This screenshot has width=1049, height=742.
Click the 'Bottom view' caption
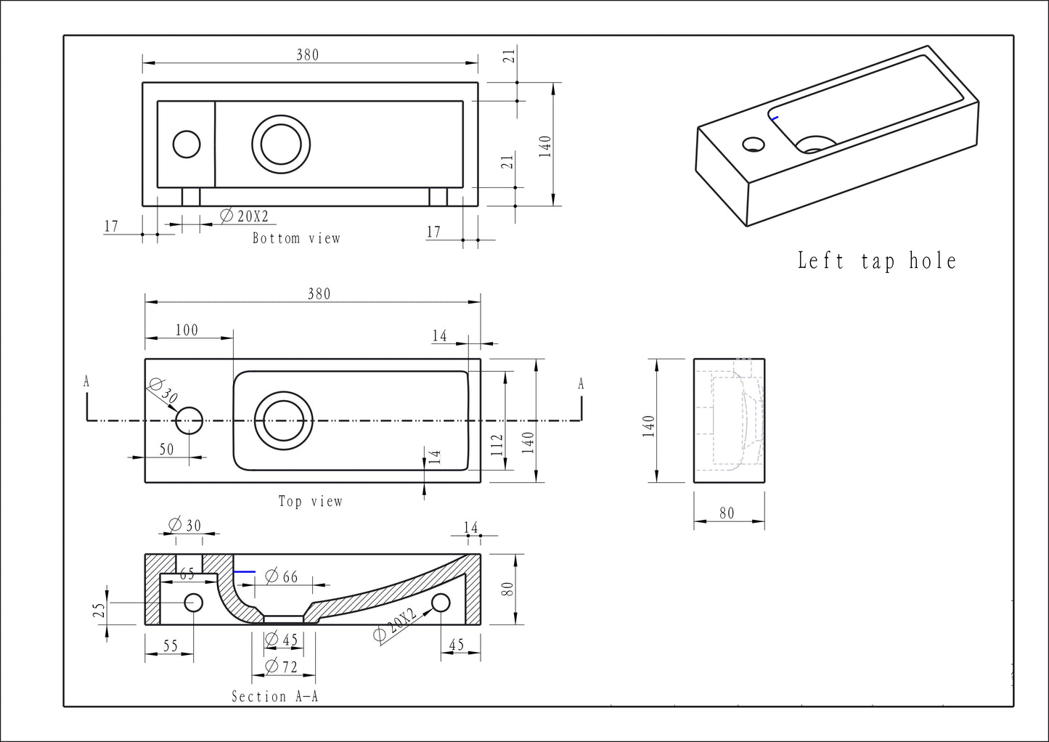296,238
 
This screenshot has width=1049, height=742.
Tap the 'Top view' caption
311,501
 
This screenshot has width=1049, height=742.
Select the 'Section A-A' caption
275,697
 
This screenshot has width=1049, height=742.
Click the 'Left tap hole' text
877,261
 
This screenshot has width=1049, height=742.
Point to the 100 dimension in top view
187,330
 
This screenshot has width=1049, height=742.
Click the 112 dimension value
497,444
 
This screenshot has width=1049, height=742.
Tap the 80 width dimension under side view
727,513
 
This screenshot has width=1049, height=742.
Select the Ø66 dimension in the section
282,576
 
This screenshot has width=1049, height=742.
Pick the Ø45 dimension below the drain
282,640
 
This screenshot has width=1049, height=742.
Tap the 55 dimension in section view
170,645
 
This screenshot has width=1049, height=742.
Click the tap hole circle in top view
189,420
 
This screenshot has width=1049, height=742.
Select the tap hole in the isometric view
754,144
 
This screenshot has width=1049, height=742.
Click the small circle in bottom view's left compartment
187,144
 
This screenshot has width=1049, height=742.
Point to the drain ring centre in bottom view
281,144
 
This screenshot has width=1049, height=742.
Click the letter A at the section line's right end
581,384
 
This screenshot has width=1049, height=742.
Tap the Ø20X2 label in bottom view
245,216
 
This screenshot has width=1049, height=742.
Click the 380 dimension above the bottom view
307,55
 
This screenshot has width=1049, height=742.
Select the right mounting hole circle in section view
441,603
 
